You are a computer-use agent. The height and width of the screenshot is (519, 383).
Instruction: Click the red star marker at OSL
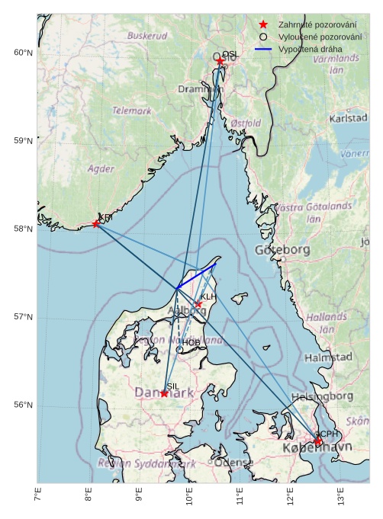click(x=220, y=61)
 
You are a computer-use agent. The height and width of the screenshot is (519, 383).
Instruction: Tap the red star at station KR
click(x=96, y=223)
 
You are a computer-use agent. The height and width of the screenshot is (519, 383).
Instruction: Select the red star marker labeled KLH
click(x=198, y=304)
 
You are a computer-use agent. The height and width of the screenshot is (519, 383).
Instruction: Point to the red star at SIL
click(x=164, y=393)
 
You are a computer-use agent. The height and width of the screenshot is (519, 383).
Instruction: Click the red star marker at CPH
click(x=317, y=441)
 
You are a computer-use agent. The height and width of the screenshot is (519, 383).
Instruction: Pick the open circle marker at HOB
click(x=179, y=350)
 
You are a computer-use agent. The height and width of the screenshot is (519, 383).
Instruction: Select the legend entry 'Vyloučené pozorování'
click(x=320, y=37)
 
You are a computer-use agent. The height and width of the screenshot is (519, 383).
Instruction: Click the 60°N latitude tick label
click(x=24, y=53)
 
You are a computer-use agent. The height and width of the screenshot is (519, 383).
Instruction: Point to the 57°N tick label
click(x=24, y=317)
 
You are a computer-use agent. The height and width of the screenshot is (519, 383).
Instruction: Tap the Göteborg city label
click(x=285, y=250)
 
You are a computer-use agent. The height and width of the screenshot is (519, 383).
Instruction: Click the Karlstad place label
click(x=349, y=119)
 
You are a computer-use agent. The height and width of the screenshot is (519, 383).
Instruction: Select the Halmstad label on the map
click(x=328, y=357)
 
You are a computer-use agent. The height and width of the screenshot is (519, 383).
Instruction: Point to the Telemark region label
click(x=132, y=111)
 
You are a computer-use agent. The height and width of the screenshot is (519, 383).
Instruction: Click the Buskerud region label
click(x=147, y=36)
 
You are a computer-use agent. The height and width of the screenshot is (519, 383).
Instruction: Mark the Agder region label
click(x=101, y=168)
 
